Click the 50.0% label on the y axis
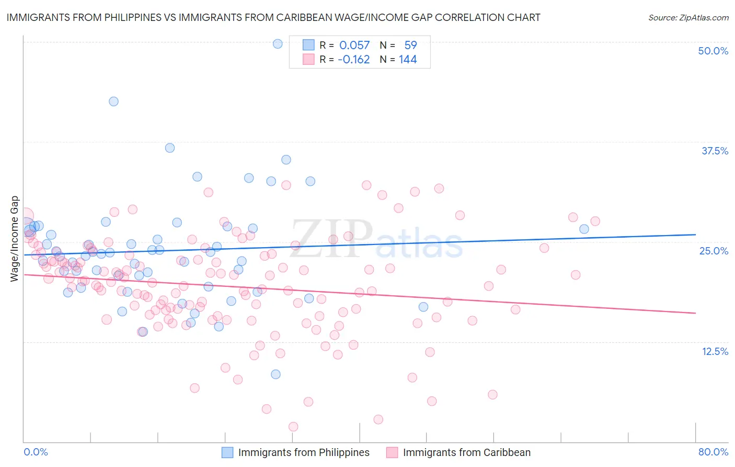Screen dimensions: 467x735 713,51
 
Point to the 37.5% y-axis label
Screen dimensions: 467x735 715,151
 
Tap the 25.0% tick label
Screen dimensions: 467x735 714,251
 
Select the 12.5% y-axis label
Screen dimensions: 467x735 715,351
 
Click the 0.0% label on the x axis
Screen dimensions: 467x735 36,452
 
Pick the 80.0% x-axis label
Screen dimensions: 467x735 713,452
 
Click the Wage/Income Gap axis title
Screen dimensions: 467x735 14,239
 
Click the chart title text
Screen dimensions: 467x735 273,17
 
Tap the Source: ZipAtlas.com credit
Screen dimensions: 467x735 688,17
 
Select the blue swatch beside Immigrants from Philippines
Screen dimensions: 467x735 227,452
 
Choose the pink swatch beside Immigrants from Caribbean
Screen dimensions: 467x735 392,452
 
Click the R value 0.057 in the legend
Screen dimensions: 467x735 354,46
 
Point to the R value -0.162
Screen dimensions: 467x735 353,60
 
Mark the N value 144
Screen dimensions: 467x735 408,60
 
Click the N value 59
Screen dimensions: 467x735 410,46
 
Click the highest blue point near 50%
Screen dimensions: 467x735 278,44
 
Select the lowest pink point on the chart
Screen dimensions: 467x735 293,427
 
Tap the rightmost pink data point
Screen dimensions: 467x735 595,221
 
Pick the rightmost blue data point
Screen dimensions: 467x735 584,229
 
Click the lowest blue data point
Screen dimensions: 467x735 275,374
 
